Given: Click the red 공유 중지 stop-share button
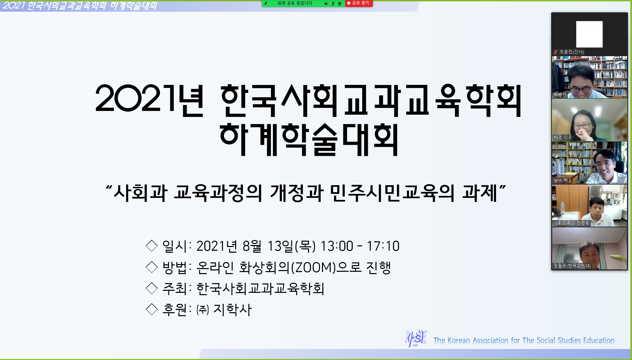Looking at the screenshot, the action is (x=359, y=3).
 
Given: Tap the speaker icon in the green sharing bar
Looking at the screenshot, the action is (x=326, y=4).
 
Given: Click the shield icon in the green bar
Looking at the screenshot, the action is (x=340, y=4).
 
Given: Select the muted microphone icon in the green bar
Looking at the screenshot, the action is (x=333, y=4).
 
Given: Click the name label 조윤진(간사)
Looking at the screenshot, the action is (x=572, y=52).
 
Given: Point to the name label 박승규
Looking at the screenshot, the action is (x=560, y=94).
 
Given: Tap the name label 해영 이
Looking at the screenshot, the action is (x=561, y=137).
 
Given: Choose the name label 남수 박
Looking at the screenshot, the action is (x=561, y=180).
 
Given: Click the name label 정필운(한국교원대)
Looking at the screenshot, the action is (x=572, y=266).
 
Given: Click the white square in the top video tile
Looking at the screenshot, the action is (x=589, y=34).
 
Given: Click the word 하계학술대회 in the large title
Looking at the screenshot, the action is (x=309, y=139).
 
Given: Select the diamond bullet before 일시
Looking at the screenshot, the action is (x=152, y=246).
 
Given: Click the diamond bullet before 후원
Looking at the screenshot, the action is (x=152, y=309).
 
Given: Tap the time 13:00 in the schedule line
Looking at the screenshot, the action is (x=337, y=246).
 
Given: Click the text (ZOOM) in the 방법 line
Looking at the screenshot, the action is (x=313, y=267).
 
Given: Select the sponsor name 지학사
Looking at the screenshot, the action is (x=232, y=310).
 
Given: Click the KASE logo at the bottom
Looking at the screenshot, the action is (x=416, y=339).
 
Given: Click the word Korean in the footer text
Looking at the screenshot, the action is (x=459, y=340).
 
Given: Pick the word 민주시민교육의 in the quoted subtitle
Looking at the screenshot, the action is (x=392, y=193).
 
